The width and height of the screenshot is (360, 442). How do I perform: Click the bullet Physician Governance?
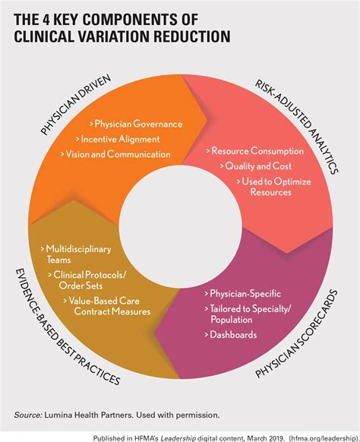point(136,124)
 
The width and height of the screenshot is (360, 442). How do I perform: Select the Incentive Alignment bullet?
point(118,139)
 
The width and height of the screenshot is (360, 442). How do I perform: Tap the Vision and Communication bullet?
point(115,154)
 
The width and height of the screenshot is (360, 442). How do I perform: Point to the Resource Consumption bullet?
point(255,151)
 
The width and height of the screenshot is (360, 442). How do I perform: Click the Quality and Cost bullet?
point(256,166)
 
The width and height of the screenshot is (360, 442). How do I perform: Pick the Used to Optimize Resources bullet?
point(274,187)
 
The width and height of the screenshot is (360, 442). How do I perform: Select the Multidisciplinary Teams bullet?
point(76,254)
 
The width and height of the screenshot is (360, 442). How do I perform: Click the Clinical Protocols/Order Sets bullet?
point(87,280)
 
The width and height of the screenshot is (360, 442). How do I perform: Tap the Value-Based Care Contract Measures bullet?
point(107,306)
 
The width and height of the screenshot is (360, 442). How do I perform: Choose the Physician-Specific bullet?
point(243,293)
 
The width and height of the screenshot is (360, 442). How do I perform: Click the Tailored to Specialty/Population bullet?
point(248,314)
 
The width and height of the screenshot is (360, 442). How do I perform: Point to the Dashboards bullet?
point(231,335)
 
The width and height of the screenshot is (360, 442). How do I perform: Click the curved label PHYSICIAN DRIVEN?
point(75,104)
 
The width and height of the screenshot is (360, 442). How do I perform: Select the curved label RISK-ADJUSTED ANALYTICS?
point(296,127)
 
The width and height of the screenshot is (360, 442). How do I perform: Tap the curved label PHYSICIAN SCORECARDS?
point(296,333)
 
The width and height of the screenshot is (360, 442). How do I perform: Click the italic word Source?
point(28,415)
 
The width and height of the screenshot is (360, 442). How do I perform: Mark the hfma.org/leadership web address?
point(324,438)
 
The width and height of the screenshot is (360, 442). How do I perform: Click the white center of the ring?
point(181,226)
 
